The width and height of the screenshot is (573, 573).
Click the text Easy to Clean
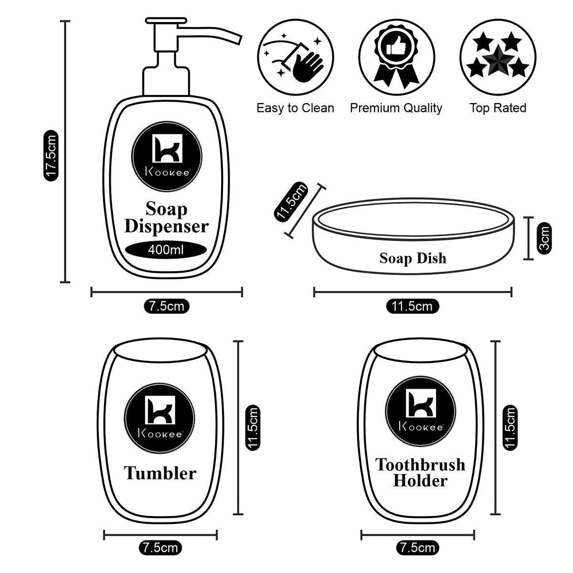click(x=295, y=108)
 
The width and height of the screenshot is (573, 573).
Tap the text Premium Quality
click(x=396, y=108)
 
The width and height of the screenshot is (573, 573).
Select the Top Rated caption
click(x=498, y=108)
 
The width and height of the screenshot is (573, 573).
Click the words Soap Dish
click(x=413, y=258)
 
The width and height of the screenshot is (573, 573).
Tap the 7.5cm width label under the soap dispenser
click(x=167, y=306)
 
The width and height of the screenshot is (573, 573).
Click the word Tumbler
click(x=160, y=473)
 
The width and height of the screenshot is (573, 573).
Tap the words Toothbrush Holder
click(x=420, y=472)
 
